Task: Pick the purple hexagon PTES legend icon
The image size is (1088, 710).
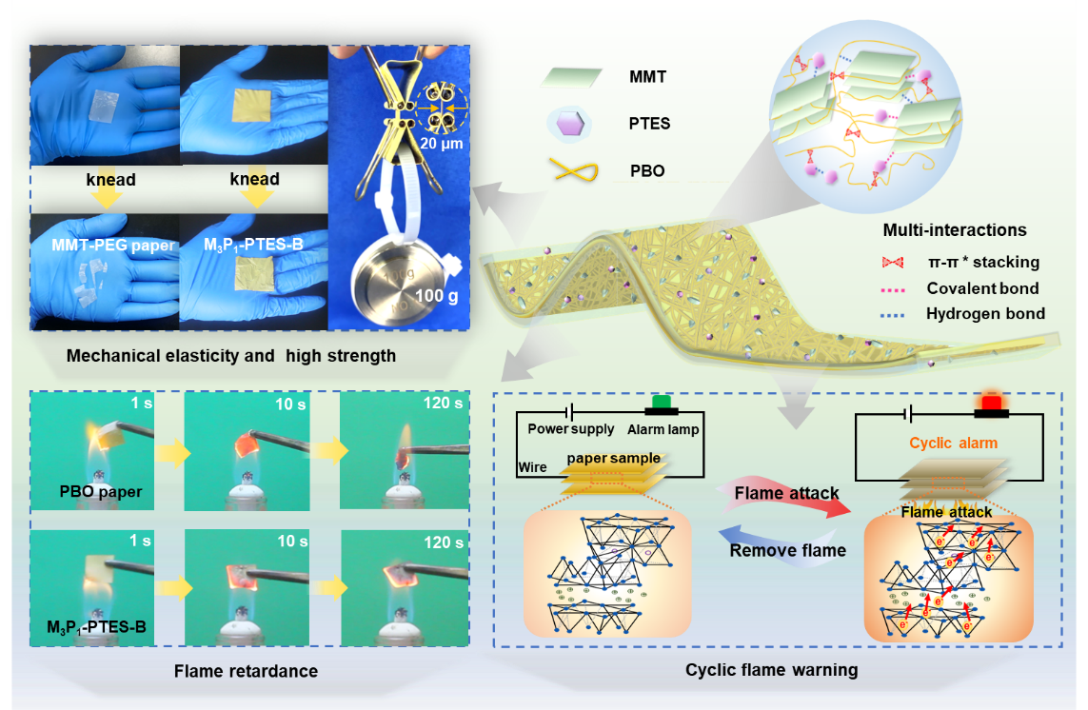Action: (571, 125)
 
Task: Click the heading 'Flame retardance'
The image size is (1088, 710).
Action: (246, 671)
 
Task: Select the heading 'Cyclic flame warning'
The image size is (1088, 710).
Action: (771, 670)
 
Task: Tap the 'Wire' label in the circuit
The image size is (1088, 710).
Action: (533, 468)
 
